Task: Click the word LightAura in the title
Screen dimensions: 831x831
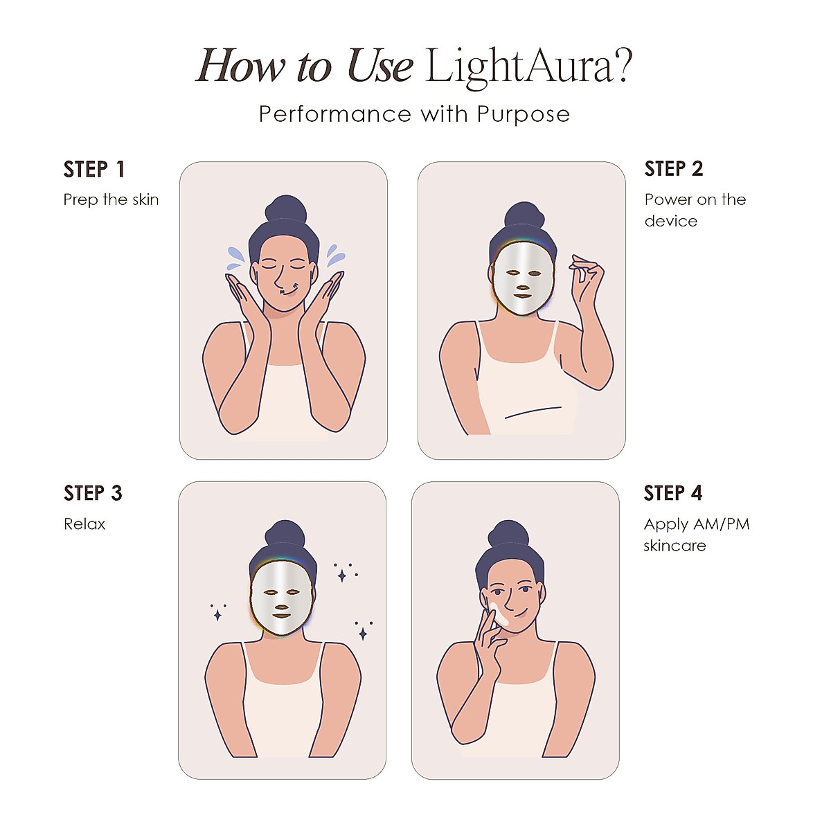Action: (519, 67)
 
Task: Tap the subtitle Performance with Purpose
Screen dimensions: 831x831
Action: (414, 114)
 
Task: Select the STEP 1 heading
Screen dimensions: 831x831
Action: (93, 169)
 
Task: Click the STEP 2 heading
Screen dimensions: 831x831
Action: (673, 168)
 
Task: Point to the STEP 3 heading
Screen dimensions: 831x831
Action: (93, 493)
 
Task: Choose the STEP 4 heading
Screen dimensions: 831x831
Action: (672, 493)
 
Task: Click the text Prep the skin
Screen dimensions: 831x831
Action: (111, 199)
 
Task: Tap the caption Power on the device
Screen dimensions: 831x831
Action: (695, 210)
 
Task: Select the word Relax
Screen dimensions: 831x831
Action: (84, 524)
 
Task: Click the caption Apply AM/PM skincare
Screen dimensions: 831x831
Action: (696, 535)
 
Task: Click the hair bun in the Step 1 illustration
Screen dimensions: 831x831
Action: (286, 210)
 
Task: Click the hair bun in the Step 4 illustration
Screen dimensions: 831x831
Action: (508, 535)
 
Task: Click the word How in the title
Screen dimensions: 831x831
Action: (240, 67)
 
